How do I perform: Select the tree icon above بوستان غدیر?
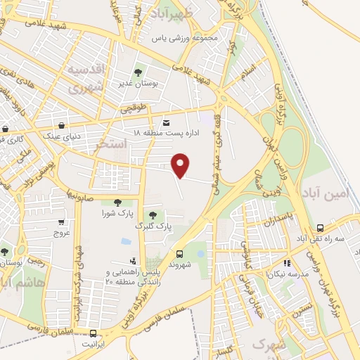point(138,72)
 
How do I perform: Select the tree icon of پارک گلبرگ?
point(153,214)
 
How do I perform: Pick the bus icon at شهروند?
point(180,255)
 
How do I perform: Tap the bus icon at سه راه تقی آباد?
point(321,228)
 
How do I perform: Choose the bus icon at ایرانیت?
point(93,333)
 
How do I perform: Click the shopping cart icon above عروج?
point(62,222)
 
